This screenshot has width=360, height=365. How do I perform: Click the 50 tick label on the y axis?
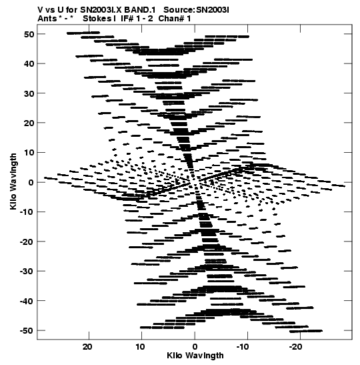pyautogui.click(x=29, y=34)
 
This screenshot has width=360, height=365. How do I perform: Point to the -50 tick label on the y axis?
pyautogui.click(x=27, y=331)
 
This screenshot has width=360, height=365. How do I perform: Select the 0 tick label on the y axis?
pyautogui.click(x=31, y=183)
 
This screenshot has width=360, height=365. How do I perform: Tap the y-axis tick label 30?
pyautogui.click(x=29, y=93)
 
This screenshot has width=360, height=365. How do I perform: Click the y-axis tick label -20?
pyautogui.click(x=27, y=242)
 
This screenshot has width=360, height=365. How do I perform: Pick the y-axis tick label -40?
pyautogui.click(x=27, y=301)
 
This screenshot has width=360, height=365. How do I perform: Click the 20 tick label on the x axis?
pyautogui.click(x=87, y=347)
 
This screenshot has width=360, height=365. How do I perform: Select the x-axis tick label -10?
pyautogui.click(x=243, y=347)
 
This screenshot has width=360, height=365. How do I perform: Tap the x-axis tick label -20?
pyautogui.click(x=296, y=347)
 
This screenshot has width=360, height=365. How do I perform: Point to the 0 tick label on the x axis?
pyautogui.click(x=195, y=347)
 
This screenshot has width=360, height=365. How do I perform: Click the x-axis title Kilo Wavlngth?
pyautogui.click(x=195, y=356)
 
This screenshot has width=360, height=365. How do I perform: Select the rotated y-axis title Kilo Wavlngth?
pyautogui.click(x=13, y=181)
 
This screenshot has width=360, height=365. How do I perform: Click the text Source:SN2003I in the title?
pyautogui.click(x=196, y=10)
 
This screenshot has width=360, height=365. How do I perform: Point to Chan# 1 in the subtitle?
pyautogui.click(x=175, y=19)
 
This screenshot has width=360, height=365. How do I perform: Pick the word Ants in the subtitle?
pyautogui.click(x=47, y=19)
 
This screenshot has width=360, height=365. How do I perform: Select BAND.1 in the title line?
pyautogui.click(x=140, y=10)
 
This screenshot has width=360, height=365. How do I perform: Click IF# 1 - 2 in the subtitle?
pyautogui.click(x=137, y=19)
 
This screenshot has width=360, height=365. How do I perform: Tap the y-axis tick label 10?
pyautogui.click(x=29, y=153)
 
